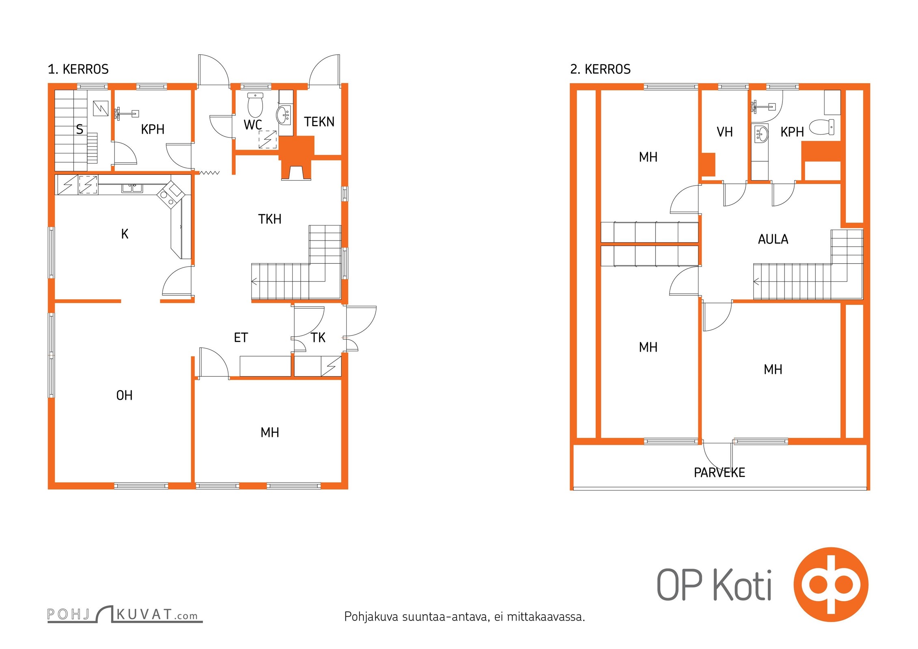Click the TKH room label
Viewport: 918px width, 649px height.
[269, 219]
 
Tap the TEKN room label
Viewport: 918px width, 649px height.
[319, 122]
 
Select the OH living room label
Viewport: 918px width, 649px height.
[124, 395]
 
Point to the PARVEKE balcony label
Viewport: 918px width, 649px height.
[719, 473]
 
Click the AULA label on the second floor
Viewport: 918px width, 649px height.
[773, 239]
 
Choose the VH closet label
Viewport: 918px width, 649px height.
[724, 132]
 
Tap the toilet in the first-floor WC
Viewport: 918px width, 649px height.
[255, 105]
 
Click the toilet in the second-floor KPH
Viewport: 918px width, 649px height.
[821, 127]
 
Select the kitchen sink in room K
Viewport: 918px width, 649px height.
[132, 188]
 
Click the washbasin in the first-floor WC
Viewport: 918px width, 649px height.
[284, 115]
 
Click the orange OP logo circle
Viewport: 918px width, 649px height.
[831, 585]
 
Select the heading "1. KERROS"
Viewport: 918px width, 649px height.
[78, 69]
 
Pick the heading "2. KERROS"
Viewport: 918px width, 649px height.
[600, 69]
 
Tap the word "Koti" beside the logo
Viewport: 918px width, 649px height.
[742, 585]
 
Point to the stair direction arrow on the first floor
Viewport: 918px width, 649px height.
[254, 281]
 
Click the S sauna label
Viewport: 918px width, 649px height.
[80, 129]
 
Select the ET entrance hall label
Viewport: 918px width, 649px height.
[241, 337]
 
